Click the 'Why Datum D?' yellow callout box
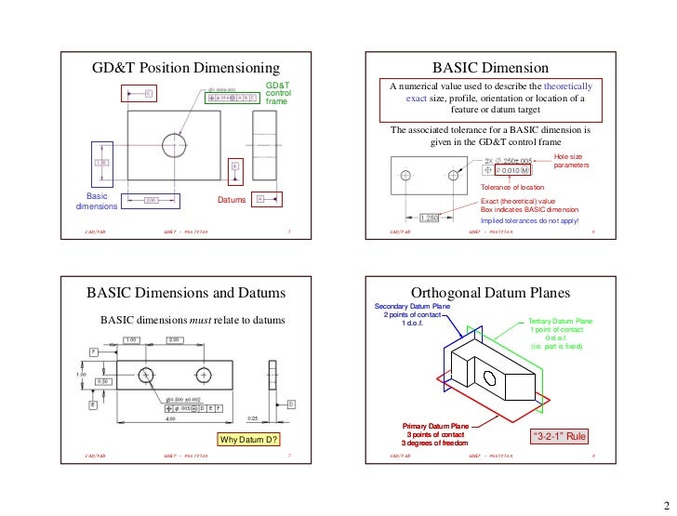(248, 439)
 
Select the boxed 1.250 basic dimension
(430, 218)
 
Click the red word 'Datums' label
(231, 200)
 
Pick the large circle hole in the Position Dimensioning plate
(174, 145)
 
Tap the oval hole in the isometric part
(490, 377)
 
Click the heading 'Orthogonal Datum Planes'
(496, 293)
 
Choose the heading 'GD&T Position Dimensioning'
(185, 68)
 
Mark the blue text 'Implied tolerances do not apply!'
(529, 220)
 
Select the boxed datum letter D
(291, 404)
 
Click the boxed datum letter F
(94, 351)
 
